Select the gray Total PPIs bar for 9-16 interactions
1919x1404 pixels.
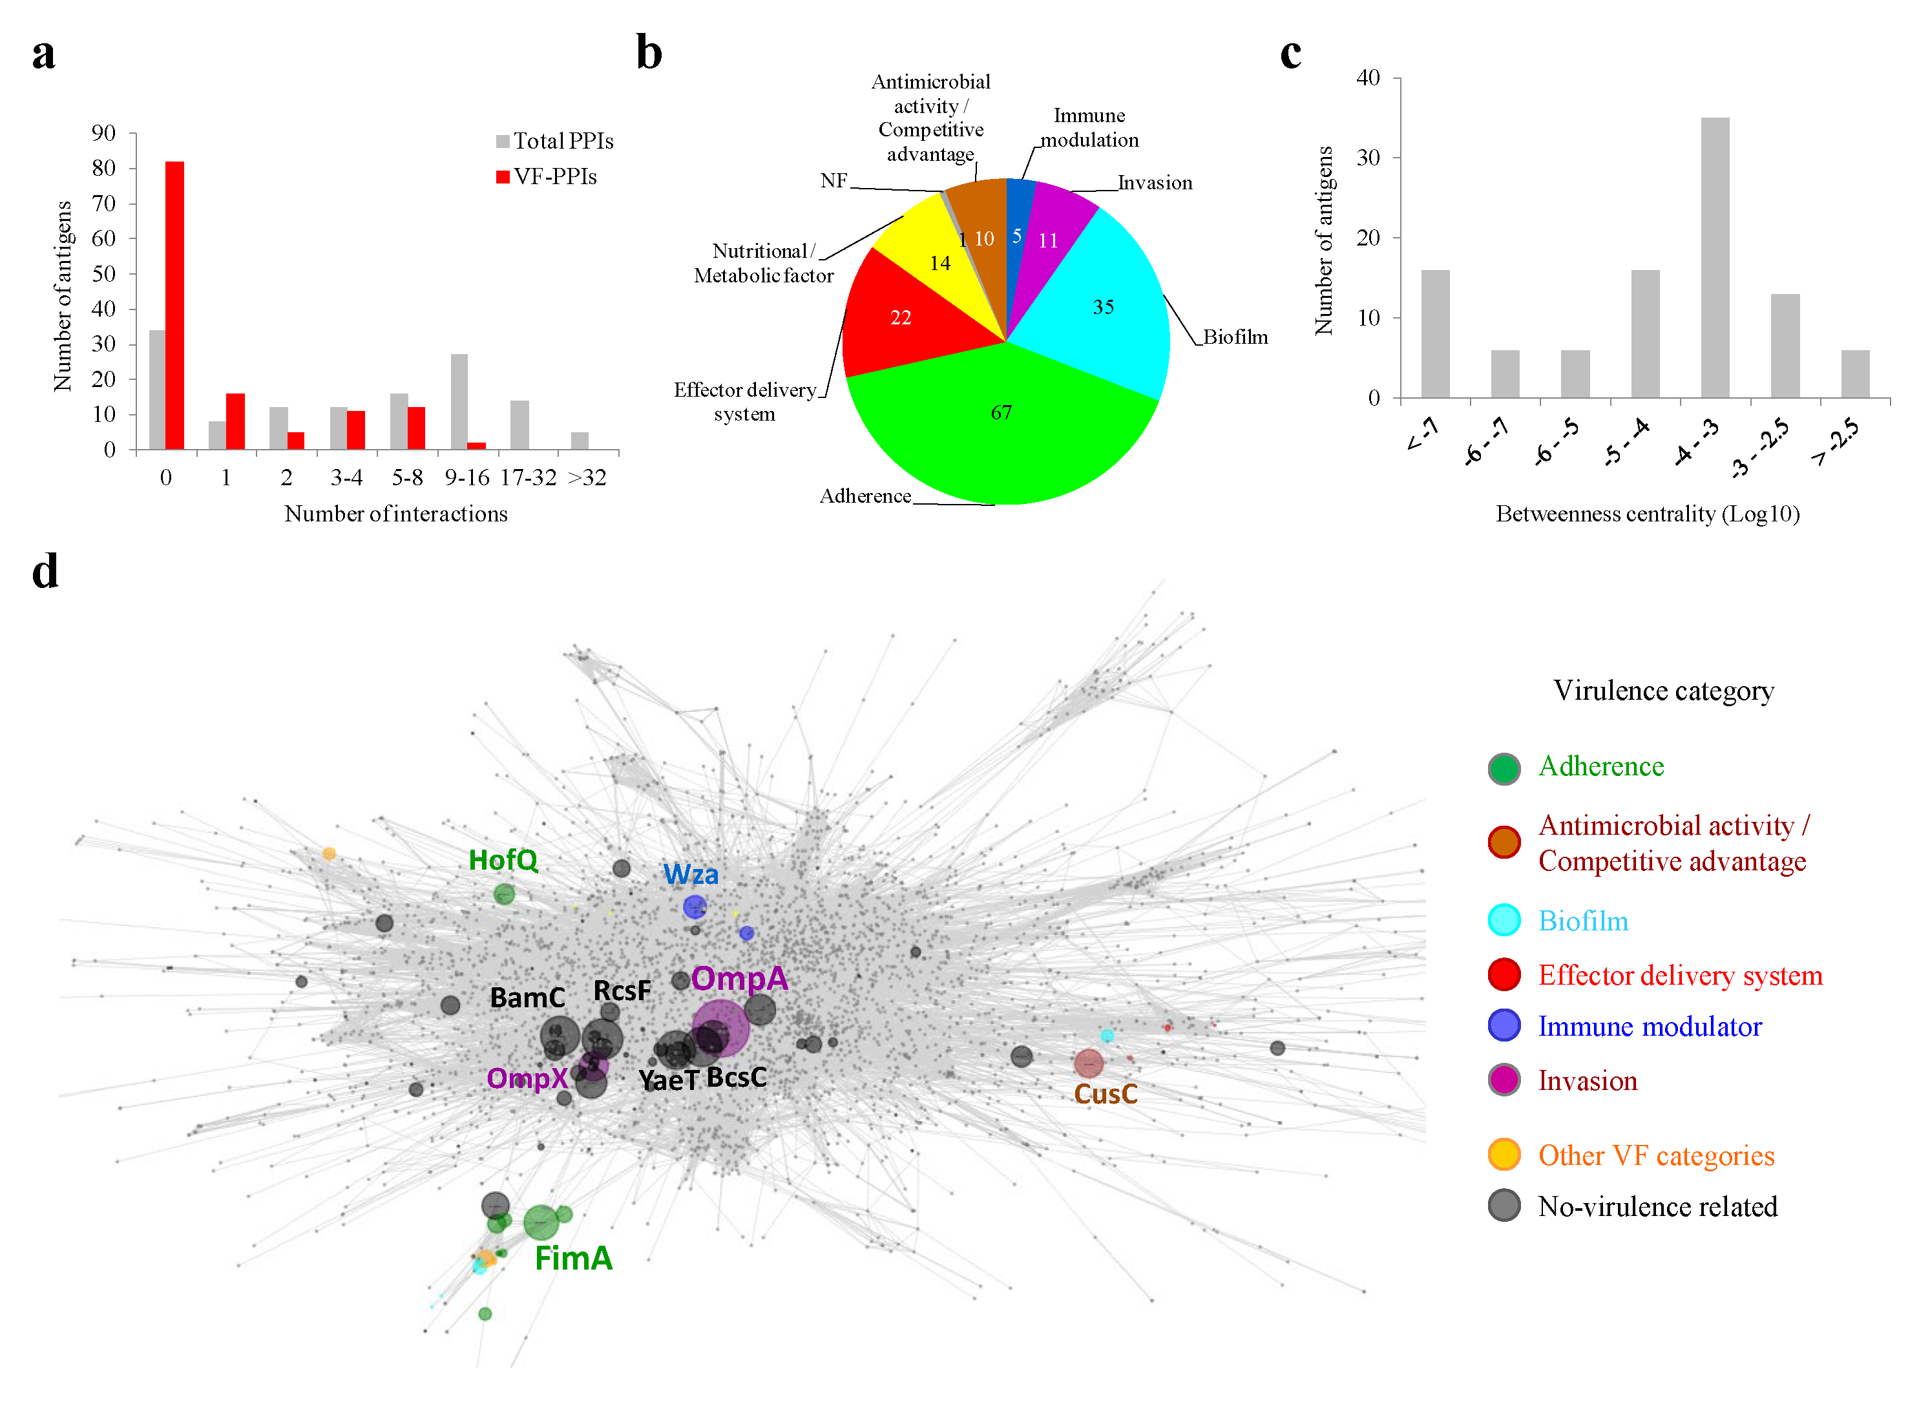459,401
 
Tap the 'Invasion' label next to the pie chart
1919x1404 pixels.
1154,183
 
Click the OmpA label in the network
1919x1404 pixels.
739,978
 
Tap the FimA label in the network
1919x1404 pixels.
574,1258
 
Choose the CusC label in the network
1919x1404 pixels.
1105,1094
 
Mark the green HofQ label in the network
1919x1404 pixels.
503,860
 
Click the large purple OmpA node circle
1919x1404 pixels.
720,1029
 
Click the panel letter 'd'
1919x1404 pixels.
45,571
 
